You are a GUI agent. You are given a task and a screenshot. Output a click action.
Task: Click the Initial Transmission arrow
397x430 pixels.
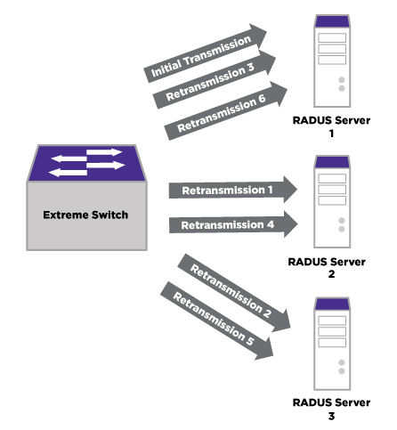[x=206, y=53]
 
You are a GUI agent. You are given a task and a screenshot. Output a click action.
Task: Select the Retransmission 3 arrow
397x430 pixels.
[x=215, y=80]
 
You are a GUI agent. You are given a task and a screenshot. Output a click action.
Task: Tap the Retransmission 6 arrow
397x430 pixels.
[x=226, y=111]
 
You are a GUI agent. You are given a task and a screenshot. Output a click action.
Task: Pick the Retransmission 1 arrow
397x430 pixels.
[x=233, y=190]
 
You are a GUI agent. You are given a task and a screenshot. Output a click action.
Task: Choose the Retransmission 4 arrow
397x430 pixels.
[x=233, y=224]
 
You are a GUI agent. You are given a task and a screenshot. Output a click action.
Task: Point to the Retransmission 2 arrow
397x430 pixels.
[x=234, y=293]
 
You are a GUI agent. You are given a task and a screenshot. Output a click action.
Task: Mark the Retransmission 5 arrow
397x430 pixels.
[x=217, y=321]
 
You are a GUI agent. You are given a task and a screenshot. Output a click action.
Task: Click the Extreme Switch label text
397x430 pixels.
[x=85, y=215]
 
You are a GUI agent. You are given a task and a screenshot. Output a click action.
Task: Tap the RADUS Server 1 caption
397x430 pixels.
[x=331, y=126]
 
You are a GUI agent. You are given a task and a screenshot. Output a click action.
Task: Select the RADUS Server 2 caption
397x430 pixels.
[x=327, y=268]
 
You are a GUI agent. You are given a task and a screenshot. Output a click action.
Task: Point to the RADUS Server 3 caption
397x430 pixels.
[x=331, y=409]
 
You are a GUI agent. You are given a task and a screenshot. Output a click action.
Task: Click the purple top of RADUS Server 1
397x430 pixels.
[x=332, y=21]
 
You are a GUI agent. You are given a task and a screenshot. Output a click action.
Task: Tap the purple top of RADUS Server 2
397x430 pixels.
[x=332, y=162]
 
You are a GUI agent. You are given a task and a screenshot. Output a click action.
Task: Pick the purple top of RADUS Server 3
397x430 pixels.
[x=332, y=304]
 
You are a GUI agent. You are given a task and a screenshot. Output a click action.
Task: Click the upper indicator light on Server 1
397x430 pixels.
[x=342, y=80]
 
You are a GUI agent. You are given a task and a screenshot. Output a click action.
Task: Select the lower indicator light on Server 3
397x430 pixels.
[x=342, y=371]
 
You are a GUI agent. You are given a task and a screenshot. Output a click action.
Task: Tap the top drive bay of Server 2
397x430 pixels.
[x=332, y=178]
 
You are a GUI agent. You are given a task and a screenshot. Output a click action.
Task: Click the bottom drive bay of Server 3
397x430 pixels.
[x=332, y=343]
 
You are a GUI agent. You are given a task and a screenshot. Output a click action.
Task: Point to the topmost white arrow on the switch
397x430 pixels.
[x=104, y=152]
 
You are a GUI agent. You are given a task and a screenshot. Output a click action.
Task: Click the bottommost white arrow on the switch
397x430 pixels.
[x=68, y=173]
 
